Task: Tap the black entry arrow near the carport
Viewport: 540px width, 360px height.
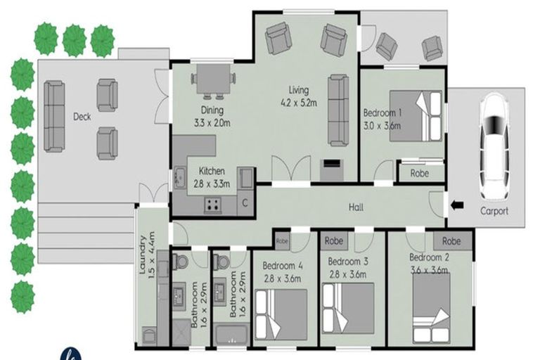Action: [457, 205]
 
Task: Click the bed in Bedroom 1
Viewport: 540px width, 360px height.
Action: [415, 116]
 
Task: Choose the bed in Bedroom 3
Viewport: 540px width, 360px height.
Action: [347, 307]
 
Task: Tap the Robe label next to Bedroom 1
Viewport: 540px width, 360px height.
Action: [420, 172]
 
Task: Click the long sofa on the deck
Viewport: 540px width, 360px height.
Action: [54, 116]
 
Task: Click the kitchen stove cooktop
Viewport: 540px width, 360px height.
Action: [212, 205]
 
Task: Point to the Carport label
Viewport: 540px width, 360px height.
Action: [494, 211]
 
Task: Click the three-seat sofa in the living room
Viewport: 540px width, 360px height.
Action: [337, 110]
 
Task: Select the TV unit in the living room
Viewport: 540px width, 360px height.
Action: [330, 167]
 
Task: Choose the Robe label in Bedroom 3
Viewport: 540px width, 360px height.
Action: [333, 240]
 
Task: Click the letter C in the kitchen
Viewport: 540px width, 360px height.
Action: [245, 204]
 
